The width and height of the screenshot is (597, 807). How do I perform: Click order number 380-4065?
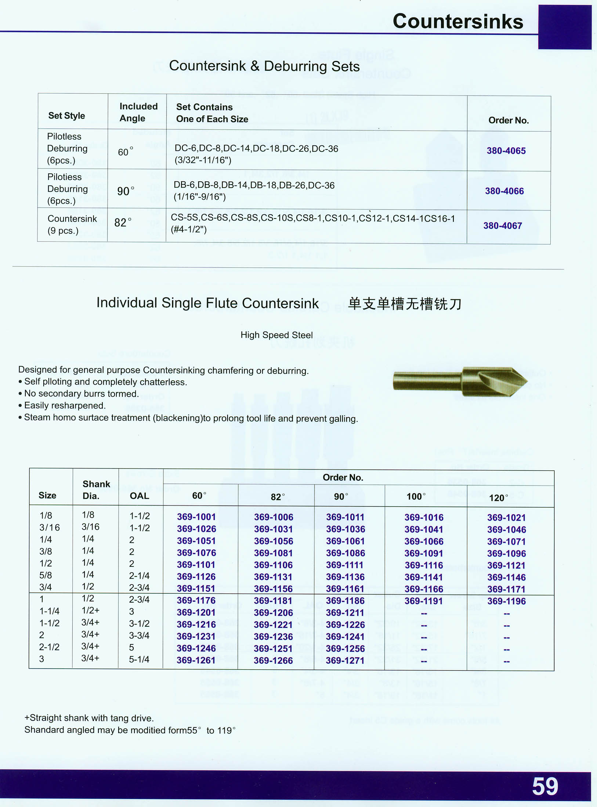click(506, 151)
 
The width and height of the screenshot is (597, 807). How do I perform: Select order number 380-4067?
click(502, 225)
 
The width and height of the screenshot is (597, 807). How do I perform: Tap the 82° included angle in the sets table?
click(123, 222)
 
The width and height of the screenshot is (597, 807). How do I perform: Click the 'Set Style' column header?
click(66, 116)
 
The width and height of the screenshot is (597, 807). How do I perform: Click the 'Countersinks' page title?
click(458, 21)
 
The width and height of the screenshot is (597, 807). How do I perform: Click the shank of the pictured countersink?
click(426, 381)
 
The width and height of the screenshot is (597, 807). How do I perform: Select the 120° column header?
click(499, 498)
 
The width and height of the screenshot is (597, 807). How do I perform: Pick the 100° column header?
click(416, 497)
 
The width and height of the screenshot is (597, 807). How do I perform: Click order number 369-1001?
click(196, 517)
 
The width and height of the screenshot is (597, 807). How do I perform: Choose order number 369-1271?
click(345, 661)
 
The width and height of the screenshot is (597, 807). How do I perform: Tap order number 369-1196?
click(506, 601)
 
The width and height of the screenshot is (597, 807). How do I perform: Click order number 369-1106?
click(273, 565)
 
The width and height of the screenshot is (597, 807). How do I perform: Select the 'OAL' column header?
click(139, 496)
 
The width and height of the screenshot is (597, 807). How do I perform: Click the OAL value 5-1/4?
click(139, 659)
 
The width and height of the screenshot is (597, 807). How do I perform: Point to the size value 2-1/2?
click(49, 647)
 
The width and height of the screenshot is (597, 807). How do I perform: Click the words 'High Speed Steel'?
click(276, 335)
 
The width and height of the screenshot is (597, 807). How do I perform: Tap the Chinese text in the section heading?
click(404, 304)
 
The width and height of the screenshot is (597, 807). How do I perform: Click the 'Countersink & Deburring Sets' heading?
click(264, 66)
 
